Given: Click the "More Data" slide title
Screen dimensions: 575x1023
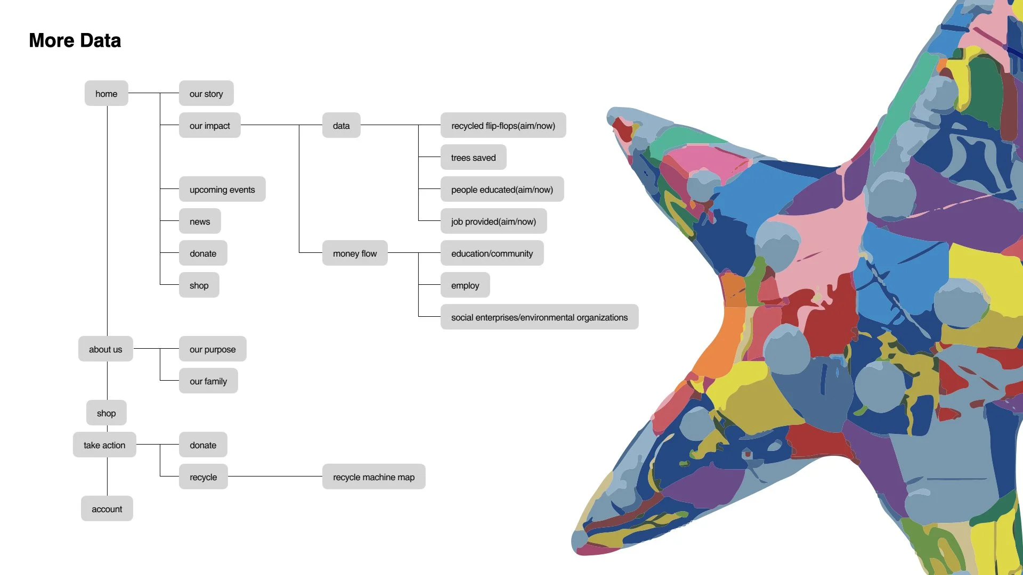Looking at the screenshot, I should point(75,40).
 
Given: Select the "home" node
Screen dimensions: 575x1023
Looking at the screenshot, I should point(106,94).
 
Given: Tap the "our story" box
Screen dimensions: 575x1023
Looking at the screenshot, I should point(206,94).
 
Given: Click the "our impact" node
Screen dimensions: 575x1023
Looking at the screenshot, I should point(209,126).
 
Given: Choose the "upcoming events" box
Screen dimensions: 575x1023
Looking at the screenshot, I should point(222,190).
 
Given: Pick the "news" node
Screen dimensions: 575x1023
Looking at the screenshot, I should point(200,221).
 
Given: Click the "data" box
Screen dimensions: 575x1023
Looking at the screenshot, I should point(341,126).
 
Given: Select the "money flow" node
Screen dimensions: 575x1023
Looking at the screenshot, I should point(355,253).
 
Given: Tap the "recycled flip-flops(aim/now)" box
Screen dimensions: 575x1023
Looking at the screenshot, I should point(503,126).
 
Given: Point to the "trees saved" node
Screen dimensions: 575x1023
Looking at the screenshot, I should point(473,158).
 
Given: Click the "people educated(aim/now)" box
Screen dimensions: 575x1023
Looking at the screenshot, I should point(502,190).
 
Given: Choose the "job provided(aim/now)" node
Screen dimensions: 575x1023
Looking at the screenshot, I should point(493,221).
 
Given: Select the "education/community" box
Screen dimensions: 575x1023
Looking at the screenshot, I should point(492,253).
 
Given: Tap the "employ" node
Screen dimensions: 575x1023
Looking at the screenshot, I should point(465,285).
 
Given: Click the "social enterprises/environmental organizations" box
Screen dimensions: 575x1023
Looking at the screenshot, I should point(539,317).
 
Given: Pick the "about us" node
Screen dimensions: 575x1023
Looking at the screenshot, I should point(105,349).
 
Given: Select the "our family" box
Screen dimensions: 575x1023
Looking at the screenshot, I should point(208,381).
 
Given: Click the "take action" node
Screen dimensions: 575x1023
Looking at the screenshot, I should point(104,445).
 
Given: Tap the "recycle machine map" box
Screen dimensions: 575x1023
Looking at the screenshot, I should point(374,477).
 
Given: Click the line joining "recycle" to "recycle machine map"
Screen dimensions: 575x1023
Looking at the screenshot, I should point(275,477).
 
